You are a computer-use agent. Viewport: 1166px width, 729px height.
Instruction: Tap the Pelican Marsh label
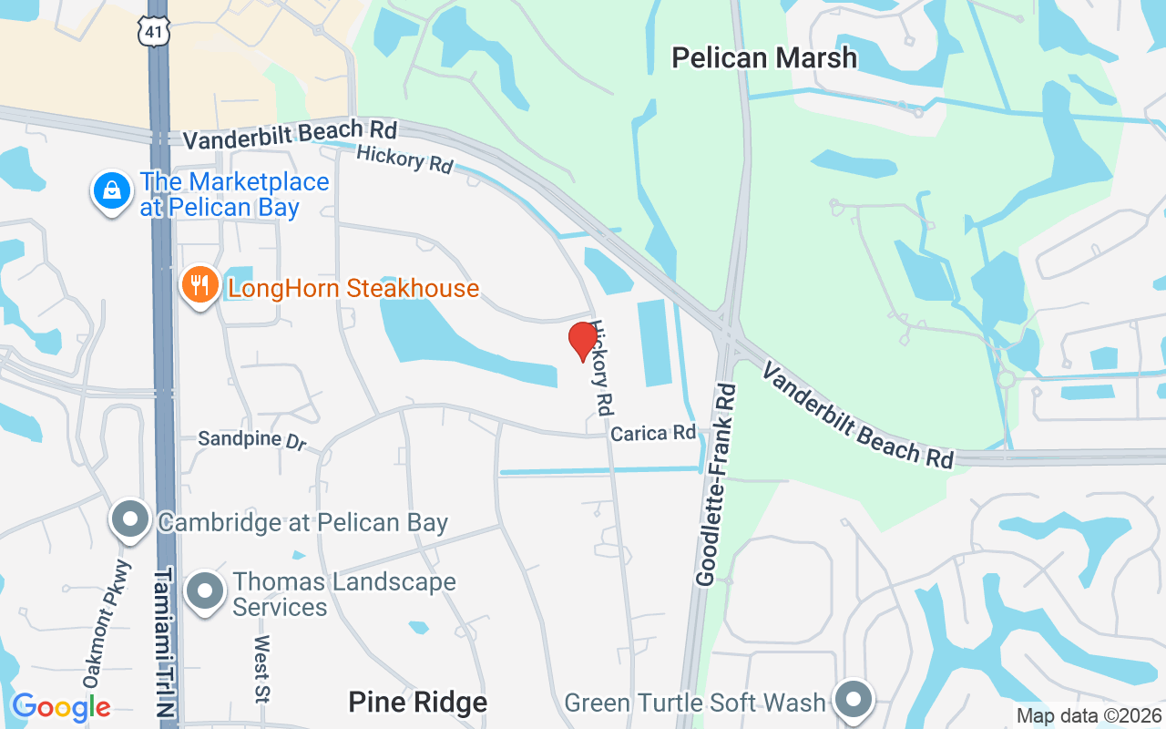[x=764, y=58]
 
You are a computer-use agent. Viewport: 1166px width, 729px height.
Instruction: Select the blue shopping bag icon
[x=111, y=191]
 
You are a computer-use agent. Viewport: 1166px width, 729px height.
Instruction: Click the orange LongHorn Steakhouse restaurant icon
[x=199, y=285]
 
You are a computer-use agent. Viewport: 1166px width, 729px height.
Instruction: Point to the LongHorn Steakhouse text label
[x=353, y=289]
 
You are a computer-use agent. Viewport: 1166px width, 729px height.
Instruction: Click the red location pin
[x=583, y=341]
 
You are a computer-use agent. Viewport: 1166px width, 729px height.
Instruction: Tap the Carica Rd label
[x=652, y=433]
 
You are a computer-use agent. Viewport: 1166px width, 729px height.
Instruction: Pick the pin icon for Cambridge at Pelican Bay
[x=129, y=519]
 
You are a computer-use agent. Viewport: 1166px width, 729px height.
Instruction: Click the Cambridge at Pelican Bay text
[x=302, y=522]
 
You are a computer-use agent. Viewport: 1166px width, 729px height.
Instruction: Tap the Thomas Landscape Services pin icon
[x=204, y=591]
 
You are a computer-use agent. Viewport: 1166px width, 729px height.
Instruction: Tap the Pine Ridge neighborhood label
[x=417, y=703]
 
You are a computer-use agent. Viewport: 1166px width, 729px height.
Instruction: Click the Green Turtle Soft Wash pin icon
[x=854, y=700]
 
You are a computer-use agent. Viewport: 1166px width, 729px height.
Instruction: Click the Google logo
[x=61, y=707]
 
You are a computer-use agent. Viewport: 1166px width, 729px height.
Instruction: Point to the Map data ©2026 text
[x=1089, y=716]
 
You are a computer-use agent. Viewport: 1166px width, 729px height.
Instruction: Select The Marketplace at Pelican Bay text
[x=234, y=194]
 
